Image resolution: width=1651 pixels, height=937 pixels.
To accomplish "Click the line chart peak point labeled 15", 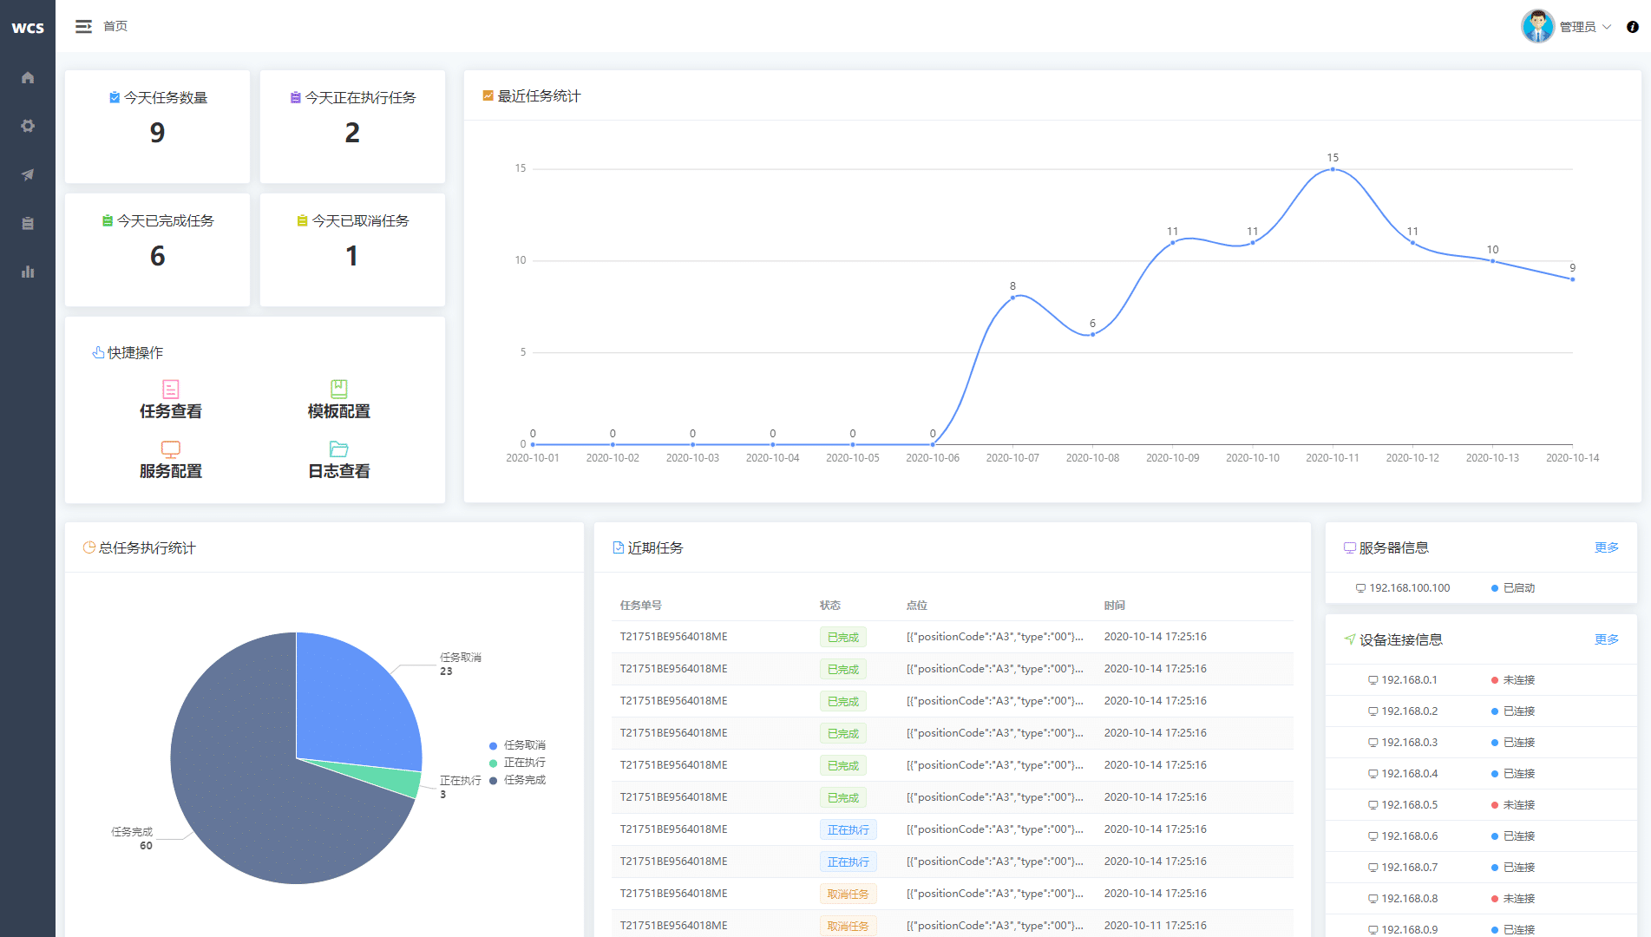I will tap(1333, 169).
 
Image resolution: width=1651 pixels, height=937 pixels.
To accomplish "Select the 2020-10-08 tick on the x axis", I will tap(1092, 458).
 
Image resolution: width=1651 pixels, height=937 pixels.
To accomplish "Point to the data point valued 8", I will tap(1012, 298).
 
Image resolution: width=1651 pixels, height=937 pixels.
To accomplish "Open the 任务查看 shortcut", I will tap(171, 400).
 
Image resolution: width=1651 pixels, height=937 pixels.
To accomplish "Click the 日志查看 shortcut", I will tap(338, 460).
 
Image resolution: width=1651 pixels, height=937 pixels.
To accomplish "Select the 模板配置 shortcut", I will tap(338, 400).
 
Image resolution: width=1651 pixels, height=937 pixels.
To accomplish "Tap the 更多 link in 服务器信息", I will tap(1606, 547).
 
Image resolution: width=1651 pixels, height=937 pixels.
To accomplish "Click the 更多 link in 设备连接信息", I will tap(1606, 639).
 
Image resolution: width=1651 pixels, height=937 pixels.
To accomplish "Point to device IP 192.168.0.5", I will tap(1409, 805).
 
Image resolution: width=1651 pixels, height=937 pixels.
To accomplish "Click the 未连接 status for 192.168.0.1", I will tap(1518, 680).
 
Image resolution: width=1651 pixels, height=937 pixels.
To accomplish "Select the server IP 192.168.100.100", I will tap(1409, 588).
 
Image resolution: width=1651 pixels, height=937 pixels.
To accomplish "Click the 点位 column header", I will tap(916, 606).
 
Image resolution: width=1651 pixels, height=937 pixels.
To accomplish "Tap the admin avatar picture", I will tap(1537, 26).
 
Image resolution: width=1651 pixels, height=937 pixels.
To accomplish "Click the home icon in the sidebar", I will tap(28, 77).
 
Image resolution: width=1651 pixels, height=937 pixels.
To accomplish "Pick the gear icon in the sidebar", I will tap(28, 126).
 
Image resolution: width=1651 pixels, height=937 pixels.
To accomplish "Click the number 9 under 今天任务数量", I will tap(157, 133).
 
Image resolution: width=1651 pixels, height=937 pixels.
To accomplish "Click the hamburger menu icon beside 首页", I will tap(83, 27).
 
